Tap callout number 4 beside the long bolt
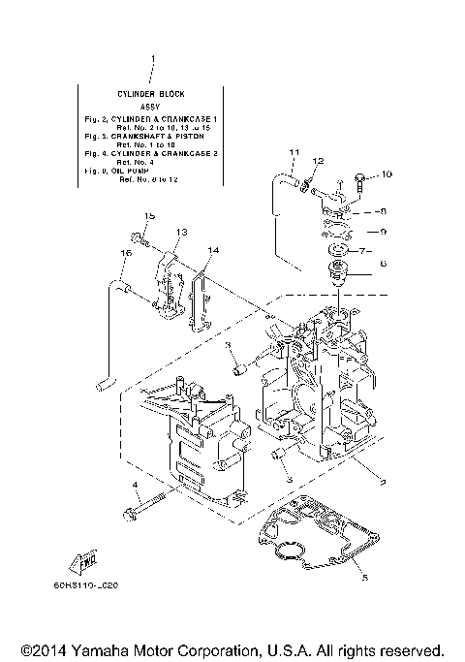point(137,484)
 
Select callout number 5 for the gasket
point(363,579)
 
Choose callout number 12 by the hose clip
point(318,161)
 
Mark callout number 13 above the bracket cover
point(180,233)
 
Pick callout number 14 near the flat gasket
point(213,251)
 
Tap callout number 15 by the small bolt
point(150,215)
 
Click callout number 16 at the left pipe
point(125,253)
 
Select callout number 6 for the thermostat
point(383,263)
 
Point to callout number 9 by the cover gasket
point(383,231)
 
